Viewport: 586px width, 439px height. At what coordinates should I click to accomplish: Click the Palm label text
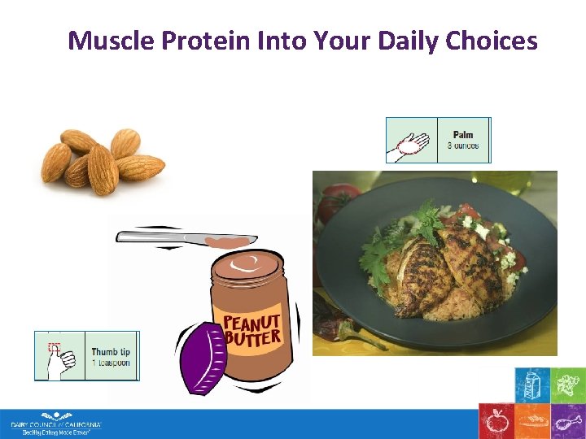pyautogui.click(x=463, y=134)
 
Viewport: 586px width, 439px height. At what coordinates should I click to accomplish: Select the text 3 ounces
pyautogui.click(x=463, y=146)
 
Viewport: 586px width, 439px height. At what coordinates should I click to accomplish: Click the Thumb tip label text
pyautogui.click(x=111, y=352)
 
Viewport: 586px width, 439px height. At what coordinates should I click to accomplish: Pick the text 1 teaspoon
pyautogui.click(x=111, y=363)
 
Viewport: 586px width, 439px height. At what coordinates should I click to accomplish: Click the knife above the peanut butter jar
pyautogui.click(x=187, y=237)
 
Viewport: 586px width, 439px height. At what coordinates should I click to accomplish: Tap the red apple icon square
pyautogui.click(x=495, y=421)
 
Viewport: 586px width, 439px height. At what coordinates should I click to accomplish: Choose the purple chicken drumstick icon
pyautogui.click(x=567, y=421)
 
